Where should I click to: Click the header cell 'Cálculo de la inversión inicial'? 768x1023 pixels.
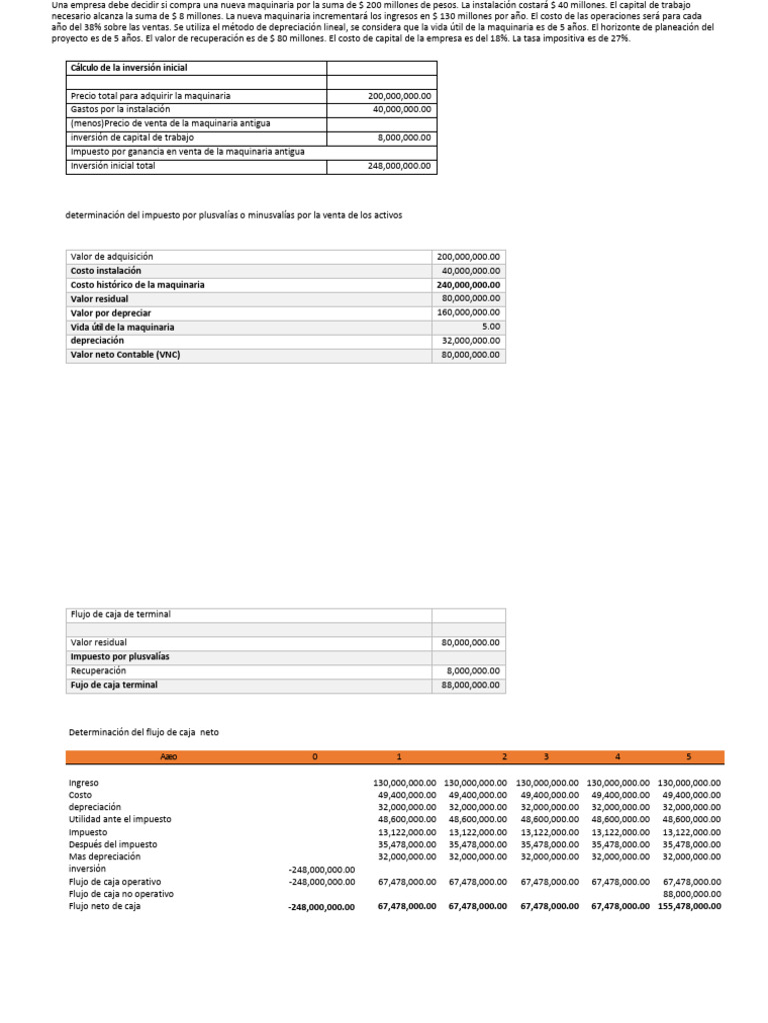click(x=129, y=68)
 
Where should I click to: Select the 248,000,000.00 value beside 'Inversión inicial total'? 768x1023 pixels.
click(x=399, y=167)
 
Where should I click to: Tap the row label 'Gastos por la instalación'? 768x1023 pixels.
click(x=120, y=109)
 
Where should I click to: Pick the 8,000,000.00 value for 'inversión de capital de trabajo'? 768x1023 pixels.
click(x=404, y=138)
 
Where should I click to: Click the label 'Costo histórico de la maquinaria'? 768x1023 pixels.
click(x=137, y=285)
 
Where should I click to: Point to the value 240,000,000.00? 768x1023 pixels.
click(x=469, y=285)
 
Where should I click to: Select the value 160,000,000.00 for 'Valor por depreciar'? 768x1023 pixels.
click(x=469, y=313)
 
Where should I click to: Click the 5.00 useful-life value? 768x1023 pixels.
click(x=490, y=327)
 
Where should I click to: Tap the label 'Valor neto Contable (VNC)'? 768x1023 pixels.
click(x=125, y=355)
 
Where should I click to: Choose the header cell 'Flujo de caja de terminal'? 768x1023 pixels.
click(x=120, y=614)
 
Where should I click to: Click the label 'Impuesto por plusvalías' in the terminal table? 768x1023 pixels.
click(x=120, y=656)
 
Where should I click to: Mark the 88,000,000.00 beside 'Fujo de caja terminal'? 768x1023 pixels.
click(x=471, y=685)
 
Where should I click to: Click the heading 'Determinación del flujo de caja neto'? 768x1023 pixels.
click(x=143, y=732)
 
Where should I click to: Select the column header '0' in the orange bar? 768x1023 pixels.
click(x=315, y=757)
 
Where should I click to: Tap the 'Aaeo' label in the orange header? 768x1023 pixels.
click(x=168, y=757)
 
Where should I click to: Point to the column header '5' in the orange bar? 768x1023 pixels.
click(x=688, y=757)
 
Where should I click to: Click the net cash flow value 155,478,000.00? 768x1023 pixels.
click(x=689, y=907)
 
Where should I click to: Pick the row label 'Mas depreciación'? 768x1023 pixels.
click(x=104, y=856)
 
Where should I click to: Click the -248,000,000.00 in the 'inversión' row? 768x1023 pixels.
click(x=322, y=869)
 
